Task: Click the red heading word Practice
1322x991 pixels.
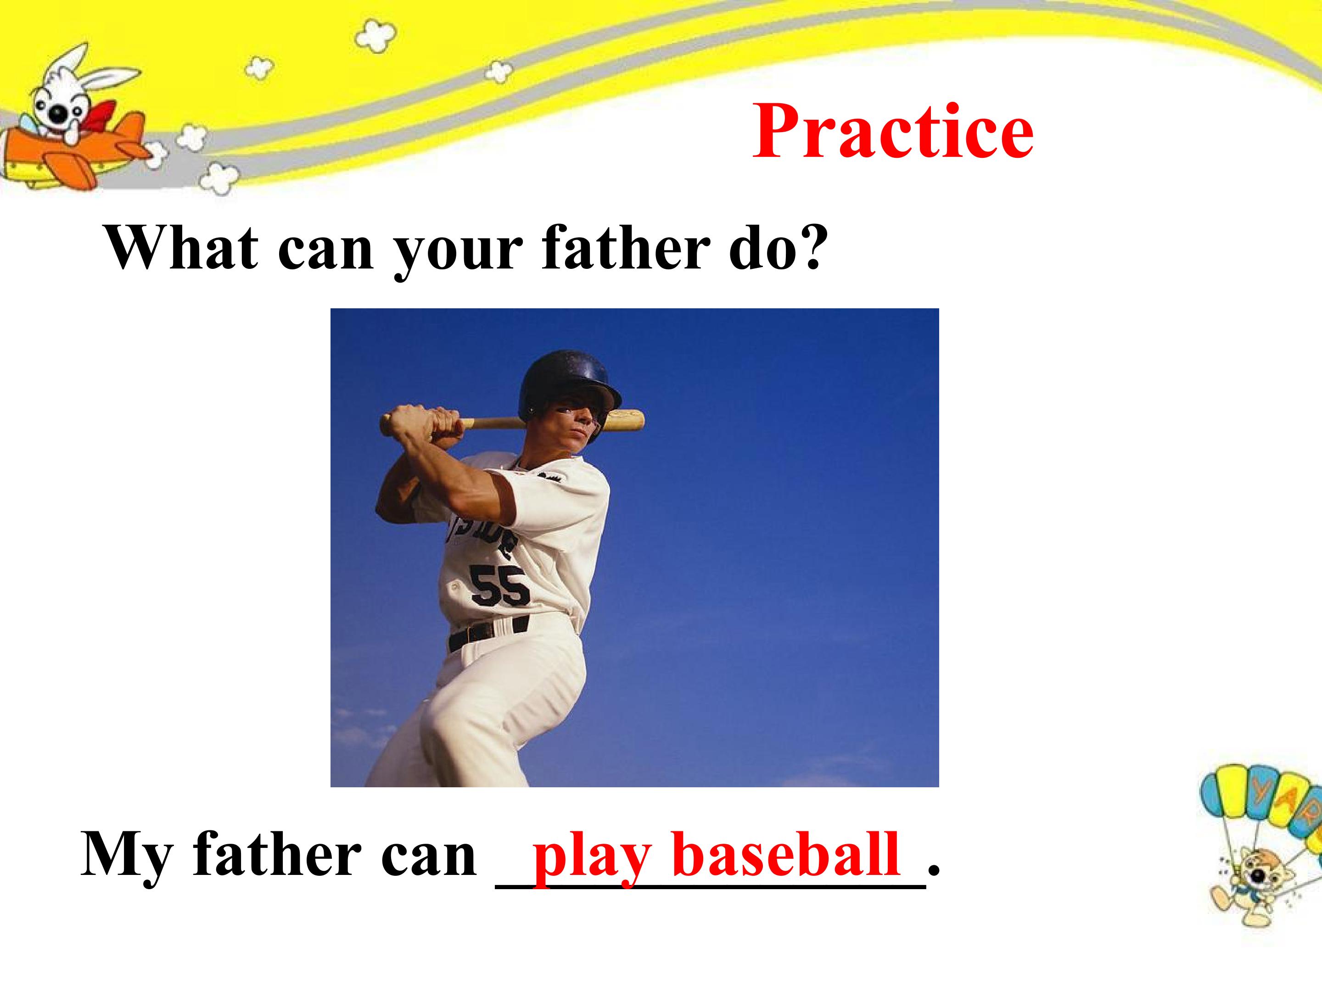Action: click(x=893, y=131)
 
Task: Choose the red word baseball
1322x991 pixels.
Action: click(x=786, y=854)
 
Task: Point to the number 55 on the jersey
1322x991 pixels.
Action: click(x=499, y=585)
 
